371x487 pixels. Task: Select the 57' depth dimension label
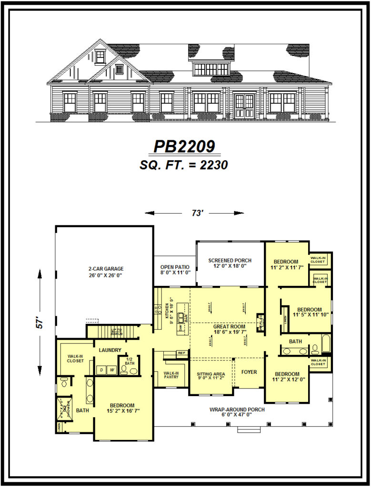41,323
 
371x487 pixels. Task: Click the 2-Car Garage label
105,268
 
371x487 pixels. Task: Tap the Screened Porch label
230,260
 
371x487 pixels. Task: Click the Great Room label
229,327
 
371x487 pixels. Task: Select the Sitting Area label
211,374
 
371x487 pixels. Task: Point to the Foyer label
249,371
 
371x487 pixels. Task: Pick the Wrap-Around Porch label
237,409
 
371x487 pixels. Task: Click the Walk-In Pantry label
171,375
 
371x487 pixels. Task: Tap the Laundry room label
110,350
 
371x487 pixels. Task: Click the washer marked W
112,370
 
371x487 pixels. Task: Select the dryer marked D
101,370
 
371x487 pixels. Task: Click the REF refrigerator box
181,353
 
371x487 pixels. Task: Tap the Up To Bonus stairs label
117,331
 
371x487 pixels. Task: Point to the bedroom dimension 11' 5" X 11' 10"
310,314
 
